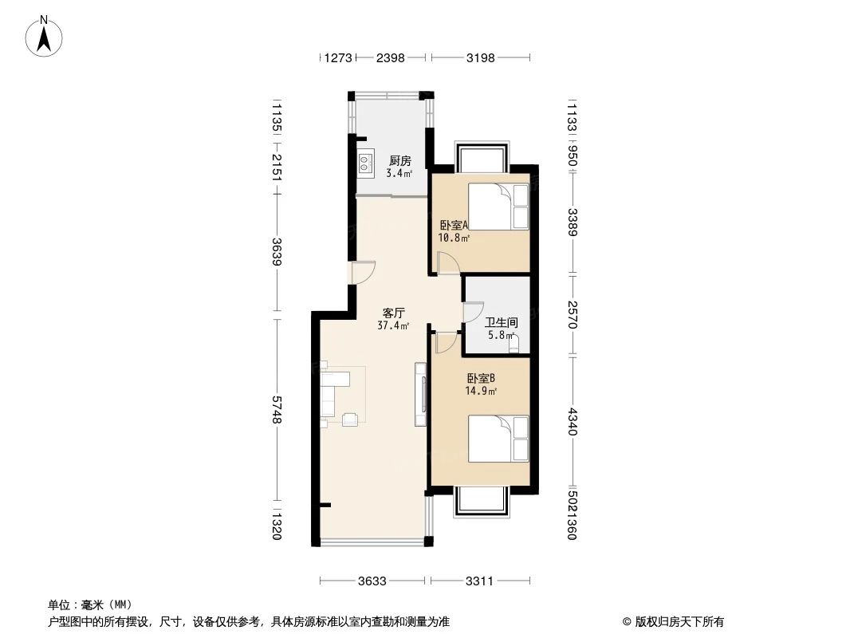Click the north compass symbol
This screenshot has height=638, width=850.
[45, 37]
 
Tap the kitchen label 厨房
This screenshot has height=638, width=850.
[399, 160]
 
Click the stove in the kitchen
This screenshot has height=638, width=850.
[365, 163]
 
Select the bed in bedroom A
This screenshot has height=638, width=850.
[498, 207]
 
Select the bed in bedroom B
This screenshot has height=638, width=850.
[498, 438]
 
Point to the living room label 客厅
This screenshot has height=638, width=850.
[393, 313]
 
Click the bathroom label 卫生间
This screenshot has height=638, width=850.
[502, 323]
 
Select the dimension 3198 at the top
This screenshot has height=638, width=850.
[480, 57]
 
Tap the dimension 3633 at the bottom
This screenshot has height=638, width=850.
[372, 581]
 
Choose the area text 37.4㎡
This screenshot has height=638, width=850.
[393, 325]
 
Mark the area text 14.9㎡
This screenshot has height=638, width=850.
[481, 391]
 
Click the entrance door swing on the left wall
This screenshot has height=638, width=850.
[363, 273]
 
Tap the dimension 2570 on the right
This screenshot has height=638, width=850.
[573, 315]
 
